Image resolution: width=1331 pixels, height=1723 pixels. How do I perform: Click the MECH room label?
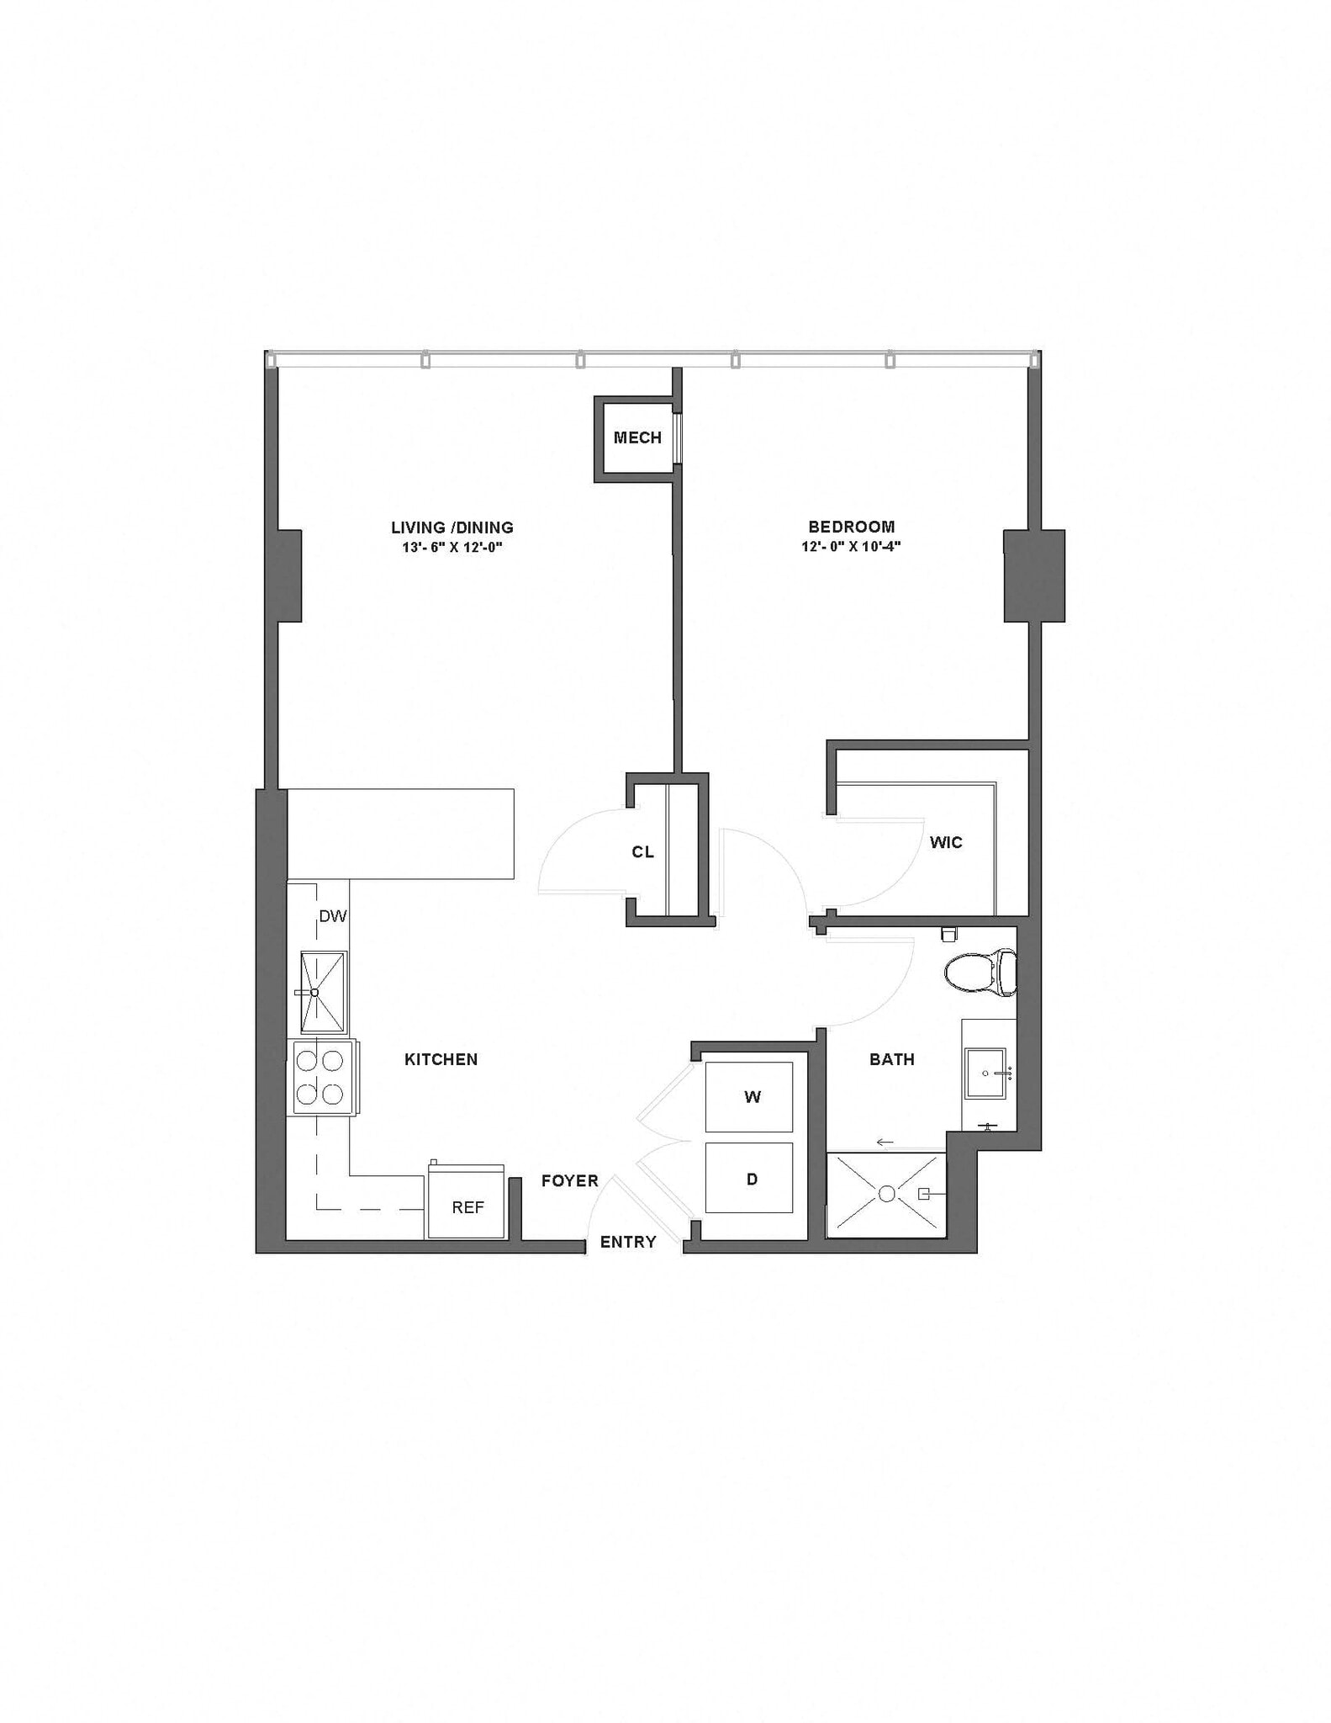coord(637,437)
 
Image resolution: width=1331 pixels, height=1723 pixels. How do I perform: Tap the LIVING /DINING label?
coord(452,528)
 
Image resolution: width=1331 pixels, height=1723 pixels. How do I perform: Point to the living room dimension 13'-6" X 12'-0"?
coord(452,548)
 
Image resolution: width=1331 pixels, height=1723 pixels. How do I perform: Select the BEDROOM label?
coord(852,527)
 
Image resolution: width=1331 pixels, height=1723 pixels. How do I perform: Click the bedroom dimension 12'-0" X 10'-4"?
coord(852,547)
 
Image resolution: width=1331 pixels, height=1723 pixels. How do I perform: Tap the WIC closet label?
coord(946,842)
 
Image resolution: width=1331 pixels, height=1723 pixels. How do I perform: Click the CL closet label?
coord(642,852)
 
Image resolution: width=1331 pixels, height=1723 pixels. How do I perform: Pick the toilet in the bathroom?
coord(980,973)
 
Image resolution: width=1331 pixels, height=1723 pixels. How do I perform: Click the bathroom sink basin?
coord(985,1074)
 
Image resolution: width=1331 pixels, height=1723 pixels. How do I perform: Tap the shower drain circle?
coord(887,1194)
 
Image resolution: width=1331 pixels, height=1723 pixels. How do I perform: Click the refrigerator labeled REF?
coord(467,1207)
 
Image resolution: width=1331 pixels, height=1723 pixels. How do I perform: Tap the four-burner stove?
coord(320,1078)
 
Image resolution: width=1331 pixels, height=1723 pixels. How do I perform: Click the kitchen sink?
coord(323,993)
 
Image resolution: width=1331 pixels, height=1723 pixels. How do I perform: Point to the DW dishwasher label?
coord(333,916)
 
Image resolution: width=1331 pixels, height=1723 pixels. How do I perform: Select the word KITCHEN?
coord(441,1059)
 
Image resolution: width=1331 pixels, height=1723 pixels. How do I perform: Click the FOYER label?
coord(570,1181)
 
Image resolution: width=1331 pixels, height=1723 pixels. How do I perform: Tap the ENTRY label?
coord(628,1242)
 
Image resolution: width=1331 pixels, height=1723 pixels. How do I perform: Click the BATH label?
coord(892,1059)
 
